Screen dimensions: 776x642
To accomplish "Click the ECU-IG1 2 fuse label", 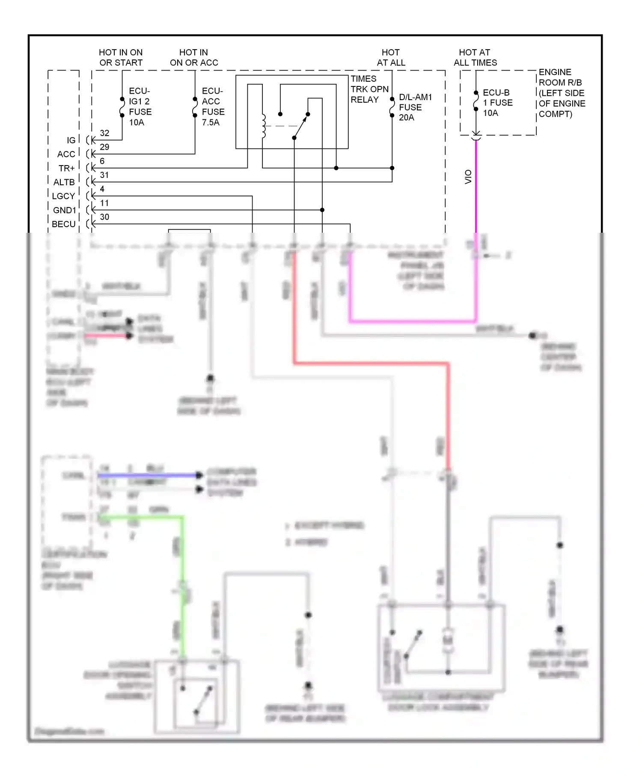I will [140, 107].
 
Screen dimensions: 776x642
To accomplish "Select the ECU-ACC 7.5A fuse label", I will [213, 107].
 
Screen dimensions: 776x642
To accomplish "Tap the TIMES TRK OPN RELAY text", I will [369, 89].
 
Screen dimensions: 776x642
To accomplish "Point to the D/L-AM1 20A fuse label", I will [415, 107].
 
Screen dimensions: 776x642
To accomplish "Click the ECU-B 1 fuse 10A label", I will [497, 103].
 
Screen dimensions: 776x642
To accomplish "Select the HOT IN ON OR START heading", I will [121, 57].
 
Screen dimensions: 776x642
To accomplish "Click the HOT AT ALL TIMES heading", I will [475, 57].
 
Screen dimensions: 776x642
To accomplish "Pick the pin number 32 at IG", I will [104, 133].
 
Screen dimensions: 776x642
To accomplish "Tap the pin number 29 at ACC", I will [104, 147].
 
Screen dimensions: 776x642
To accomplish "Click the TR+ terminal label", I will [67, 168].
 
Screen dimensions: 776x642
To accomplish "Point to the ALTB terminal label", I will [64, 182].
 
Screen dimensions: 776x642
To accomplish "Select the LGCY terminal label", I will [63, 196].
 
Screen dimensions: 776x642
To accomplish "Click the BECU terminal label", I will [63, 224].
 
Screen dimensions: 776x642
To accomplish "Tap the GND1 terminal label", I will [64, 210].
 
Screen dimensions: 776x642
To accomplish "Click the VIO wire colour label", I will [468, 177].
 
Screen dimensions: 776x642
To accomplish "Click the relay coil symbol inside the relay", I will [263, 126].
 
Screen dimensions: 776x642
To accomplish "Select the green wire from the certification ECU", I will [182, 556].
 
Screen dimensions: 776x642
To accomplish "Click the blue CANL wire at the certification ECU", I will [146, 475].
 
